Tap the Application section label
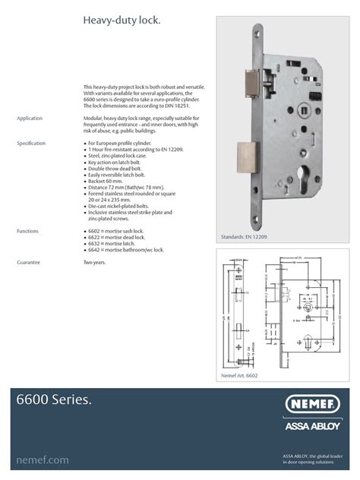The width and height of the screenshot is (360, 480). coord(30,119)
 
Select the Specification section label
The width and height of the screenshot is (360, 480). coord(31,143)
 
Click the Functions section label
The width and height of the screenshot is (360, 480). coord(28,229)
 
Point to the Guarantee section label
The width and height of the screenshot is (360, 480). coord(28,262)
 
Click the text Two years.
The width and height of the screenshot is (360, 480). coord(95,262)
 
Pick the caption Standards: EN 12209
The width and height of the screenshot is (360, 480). coord(245,238)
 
